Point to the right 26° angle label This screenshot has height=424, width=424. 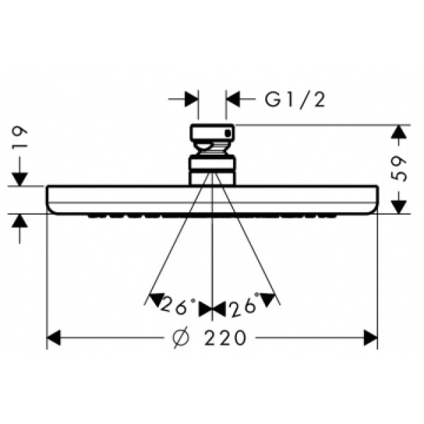click(x=242, y=307)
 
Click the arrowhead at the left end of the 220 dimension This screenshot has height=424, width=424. click(x=54, y=338)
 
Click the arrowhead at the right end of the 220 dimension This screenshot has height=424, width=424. click(x=370, y=338)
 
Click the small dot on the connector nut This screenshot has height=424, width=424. click(x=227, y=132)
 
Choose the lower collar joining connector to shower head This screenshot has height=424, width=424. click(x=212, y=170)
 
